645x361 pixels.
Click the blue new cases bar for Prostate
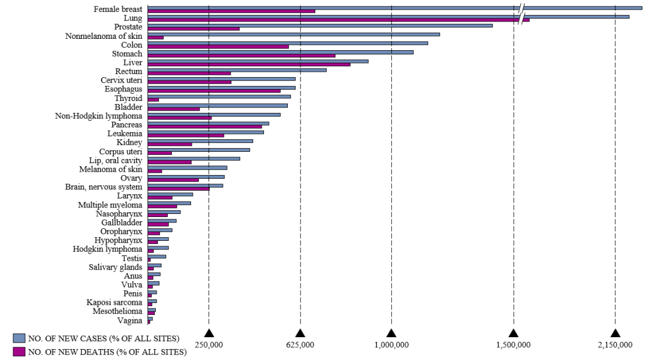click(320, 25)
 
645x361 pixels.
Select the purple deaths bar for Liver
click(248, 64)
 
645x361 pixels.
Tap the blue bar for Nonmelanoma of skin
click(293, 34)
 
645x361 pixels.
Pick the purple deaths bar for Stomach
click(241, 56)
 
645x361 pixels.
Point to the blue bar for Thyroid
click(219, 96)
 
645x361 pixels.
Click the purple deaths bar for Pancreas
click(204, 126)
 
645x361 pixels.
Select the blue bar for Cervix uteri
click(221, 78)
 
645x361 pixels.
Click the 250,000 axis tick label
click(209, 345)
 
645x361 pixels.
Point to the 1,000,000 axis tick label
click(391, 345)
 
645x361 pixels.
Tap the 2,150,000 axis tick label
click(615, 345)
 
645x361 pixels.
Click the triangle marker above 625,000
click(300, 333)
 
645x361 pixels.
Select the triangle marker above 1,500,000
click(514, 333)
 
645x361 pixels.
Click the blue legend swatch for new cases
click(19, 339)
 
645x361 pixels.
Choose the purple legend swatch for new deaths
click(19, 352)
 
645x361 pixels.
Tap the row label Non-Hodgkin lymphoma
click(99, 116)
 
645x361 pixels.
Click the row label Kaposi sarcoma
click(114, 302)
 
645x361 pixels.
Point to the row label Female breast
click(118, 10)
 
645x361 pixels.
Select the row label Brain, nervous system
click(103, 187)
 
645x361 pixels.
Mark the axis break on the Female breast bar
click(522, 8)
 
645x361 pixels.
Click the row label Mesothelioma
click(117, 311)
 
